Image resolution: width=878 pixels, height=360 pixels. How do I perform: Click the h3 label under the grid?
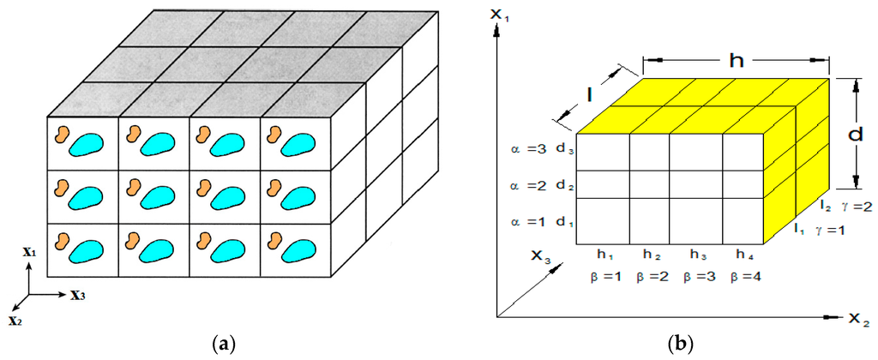[697, 255]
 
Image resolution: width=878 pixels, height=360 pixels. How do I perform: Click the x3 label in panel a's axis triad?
[78, 296]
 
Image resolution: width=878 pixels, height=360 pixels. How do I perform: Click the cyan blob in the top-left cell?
[84, 144]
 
